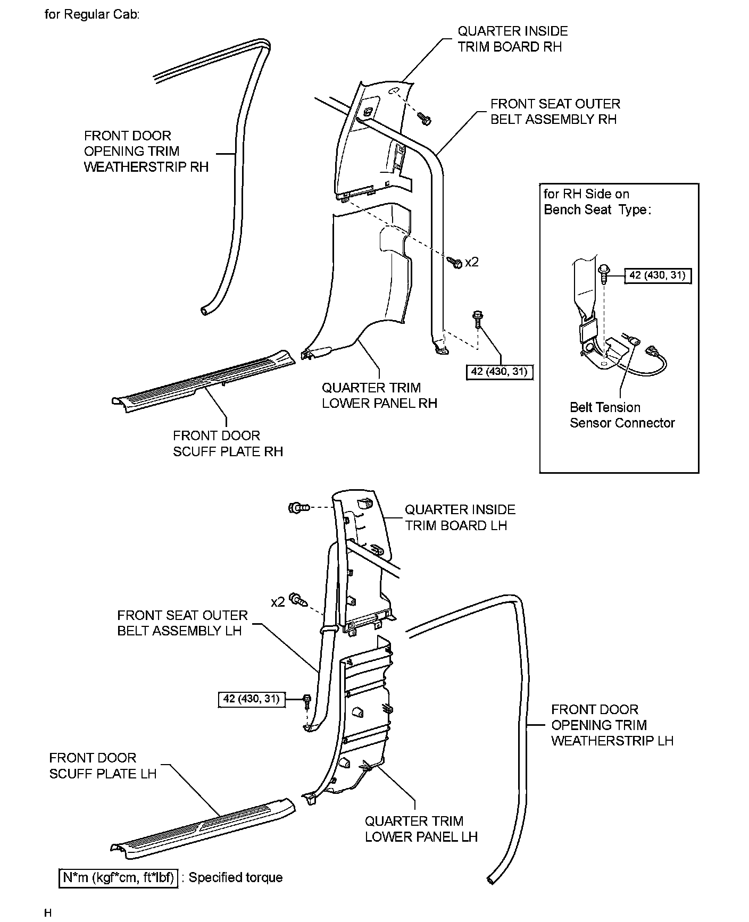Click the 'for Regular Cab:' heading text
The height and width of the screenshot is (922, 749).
pos(91,14)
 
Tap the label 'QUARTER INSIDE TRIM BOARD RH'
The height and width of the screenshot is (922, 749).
pos(512,39)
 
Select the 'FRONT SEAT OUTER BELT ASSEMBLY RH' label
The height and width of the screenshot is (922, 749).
pos(555,112)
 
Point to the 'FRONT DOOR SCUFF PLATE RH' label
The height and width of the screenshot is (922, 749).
pos(228,443)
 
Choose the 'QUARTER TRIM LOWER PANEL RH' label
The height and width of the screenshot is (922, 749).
pos(379,396)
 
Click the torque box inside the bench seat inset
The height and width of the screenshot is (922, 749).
pos(657,275)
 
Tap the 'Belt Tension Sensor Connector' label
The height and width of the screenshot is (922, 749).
pos(622,415)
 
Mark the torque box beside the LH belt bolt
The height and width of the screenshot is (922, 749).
pos(252,699)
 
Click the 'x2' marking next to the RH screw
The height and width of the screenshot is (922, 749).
pos(471,262)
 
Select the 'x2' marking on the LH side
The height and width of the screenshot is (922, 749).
pos(278,602)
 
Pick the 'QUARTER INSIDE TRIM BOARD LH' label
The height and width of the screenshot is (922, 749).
pos(460,517)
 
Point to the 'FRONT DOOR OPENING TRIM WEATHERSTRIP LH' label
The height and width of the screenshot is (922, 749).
pos(612,725)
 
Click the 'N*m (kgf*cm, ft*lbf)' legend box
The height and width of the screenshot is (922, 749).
pos(118,877)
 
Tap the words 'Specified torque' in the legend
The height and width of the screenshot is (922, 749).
pos(236,877)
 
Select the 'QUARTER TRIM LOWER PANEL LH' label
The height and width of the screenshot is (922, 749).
pos(421,829)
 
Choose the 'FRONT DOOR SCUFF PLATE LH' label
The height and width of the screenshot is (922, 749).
pos(103,766)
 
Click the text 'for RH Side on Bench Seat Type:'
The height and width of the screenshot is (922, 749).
pos(597,202)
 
